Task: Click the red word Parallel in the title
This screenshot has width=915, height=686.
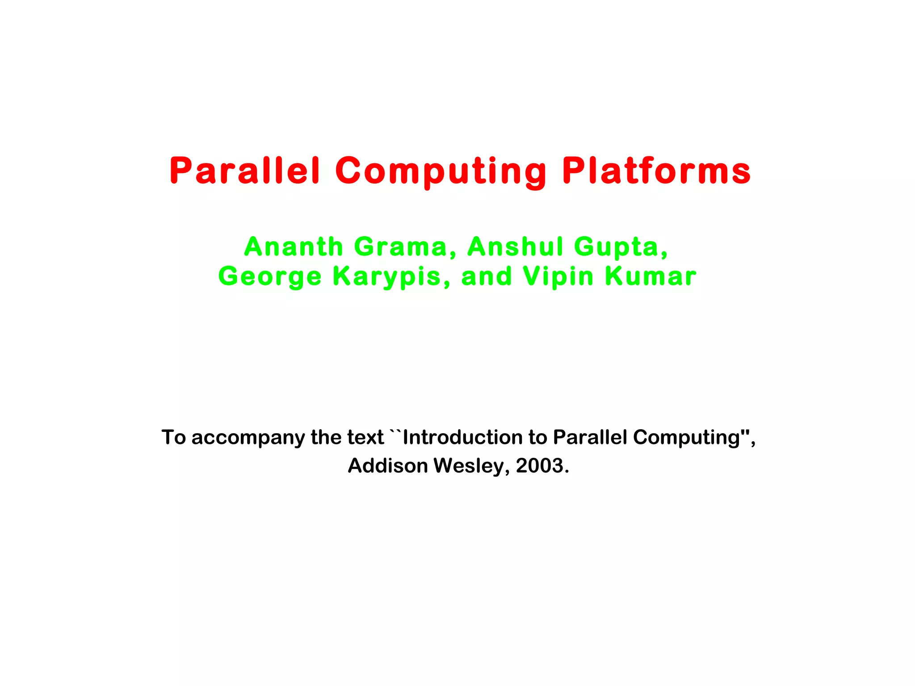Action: (245, 171)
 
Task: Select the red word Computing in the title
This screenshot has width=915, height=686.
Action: (441, 171)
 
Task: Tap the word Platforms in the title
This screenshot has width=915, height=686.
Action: (656, 171)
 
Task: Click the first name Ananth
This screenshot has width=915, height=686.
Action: (293, 247)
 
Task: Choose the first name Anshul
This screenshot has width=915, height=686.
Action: (515, 247)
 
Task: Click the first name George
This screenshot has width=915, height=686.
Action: (270, 276)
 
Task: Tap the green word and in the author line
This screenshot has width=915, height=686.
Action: (486, 276)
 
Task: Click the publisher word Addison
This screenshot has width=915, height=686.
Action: (388, 465)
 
